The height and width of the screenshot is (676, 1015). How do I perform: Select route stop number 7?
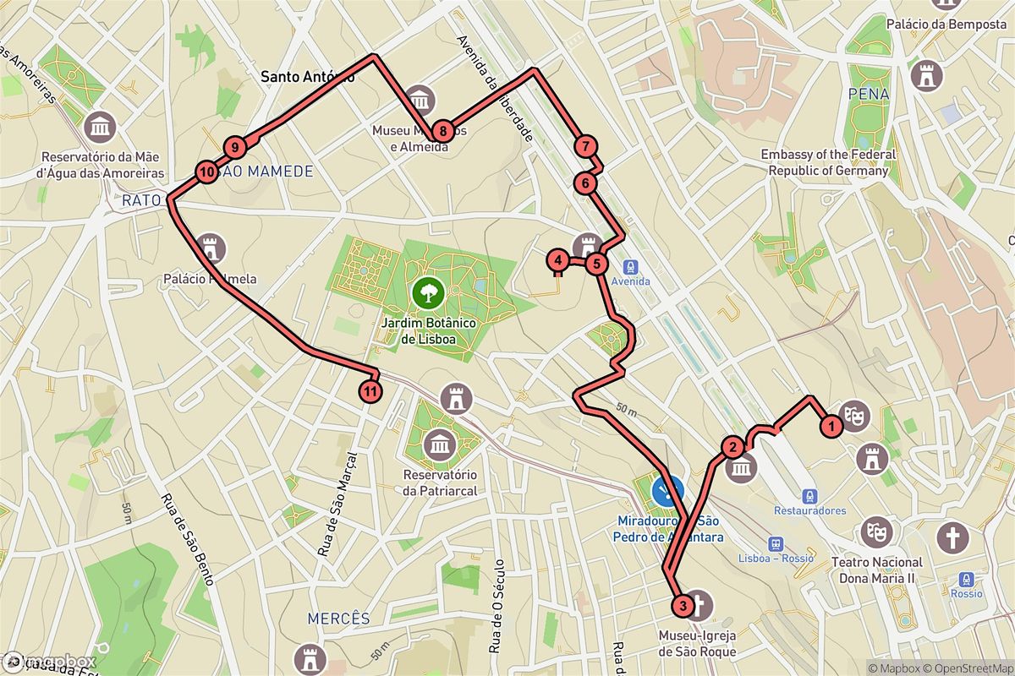click(x=584, y=146)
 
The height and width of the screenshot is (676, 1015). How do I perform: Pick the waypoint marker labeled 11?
click(x=370, y=391)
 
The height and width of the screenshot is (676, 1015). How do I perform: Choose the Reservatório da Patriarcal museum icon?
click(x=440, y=444)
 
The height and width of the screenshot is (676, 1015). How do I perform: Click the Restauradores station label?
click(x=810, y=510)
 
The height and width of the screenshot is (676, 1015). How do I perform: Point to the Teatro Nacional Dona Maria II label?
click(x=877, y=570)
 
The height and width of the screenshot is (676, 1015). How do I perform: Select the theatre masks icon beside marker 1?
click(x=856, y=415)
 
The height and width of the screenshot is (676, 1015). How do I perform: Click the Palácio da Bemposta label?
click(x=946, y=25)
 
